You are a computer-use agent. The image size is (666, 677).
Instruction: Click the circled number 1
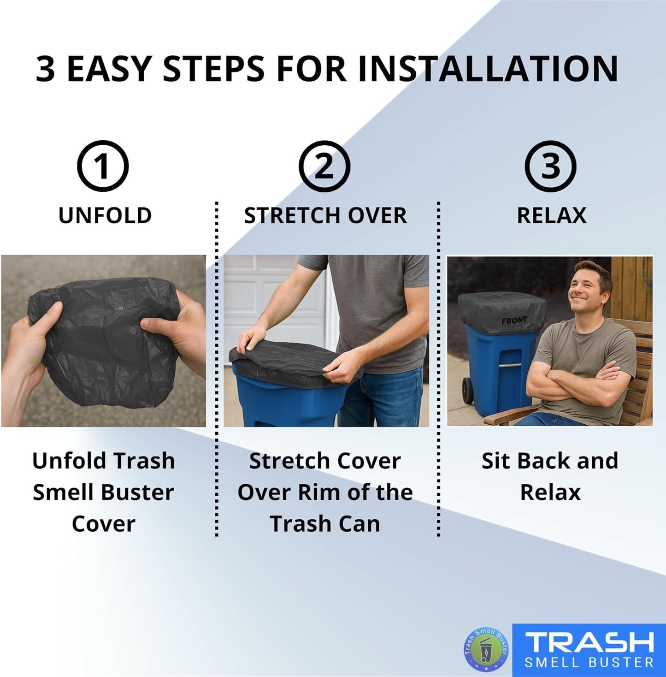[x=102, y=166]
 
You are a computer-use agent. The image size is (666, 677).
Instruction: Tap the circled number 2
[x=324, y=166]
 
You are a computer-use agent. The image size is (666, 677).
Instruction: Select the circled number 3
[x=550, y=166]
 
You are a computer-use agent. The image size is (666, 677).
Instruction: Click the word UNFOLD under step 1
[x=105, y=216]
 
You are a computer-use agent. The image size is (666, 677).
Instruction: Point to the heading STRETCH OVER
[x=325, y=216]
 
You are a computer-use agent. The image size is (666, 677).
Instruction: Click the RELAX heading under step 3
[x=552, y=216]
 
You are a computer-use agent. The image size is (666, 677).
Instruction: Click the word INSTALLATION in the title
[x=488, y=69]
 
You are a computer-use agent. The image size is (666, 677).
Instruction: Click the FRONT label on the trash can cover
[x=514, y=320]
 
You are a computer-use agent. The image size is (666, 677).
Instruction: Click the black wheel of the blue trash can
[x=468, y=391]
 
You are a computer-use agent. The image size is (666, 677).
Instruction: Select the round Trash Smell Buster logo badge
[x=486, y=649]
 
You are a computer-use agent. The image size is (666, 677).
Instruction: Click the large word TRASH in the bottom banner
[x=589, y=642]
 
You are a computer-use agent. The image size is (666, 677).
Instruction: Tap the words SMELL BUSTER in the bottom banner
[x=589, y=663]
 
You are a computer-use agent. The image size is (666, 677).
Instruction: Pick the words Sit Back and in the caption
[x=550, y=461]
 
